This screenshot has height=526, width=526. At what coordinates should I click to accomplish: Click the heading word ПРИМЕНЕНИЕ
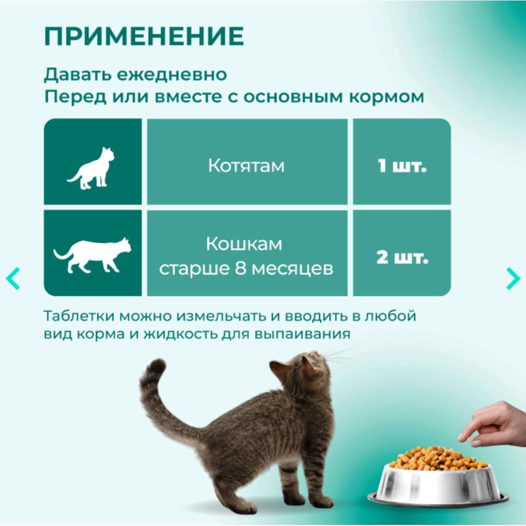point(144,36)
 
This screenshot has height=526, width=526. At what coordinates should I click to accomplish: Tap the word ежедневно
point(172,75)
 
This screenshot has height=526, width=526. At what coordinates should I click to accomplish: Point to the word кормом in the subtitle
point(387,97)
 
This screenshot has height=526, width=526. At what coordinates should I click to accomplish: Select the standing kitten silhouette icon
point(91,168)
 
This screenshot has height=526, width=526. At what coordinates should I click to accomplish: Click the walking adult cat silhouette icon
point(92,255)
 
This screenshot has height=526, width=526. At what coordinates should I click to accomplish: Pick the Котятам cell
point(247,161)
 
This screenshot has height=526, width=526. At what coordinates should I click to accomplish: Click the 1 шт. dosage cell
point(402,161)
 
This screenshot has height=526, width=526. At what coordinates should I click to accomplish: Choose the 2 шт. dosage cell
point(402,253)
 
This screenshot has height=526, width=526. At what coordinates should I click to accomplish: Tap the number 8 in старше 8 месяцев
point(240,268)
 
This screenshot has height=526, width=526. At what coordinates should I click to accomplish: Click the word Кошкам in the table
point(244,244)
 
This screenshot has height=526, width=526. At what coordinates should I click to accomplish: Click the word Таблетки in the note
point(79,316)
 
